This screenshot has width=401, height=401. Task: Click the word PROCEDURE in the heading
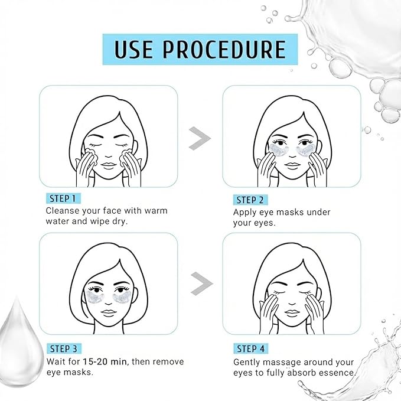pyautogui.click(x=224, y=49)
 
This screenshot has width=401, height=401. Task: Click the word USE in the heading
pyautogui.click(x=133, y=49)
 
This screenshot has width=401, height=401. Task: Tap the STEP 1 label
pyautogui.click(x=63, y=198)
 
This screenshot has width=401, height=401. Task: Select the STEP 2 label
pyautogui.click(x=250, y=200)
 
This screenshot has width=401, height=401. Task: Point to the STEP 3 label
pyautogui.click(x=64, y=348)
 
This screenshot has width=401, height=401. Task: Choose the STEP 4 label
pyautogui.click(x=251, y=348)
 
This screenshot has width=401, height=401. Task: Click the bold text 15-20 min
pyautogui.click(x=105, y=361)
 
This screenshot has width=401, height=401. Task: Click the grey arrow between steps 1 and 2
pyautogui.click(x=200, y=138)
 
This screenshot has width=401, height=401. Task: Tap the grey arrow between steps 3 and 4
pyautogui.click(x=202, y=283)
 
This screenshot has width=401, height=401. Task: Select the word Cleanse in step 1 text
pyautogui.click(x=63, y=211)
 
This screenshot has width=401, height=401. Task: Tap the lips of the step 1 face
pyautogui.click(x=109, y=165)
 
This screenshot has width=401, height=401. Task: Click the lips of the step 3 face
pyautogui.click(x=109, y=313)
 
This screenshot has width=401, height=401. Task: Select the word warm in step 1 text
pyautogui.click(x=156, y=211)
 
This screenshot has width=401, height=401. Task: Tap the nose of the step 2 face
pyautogui.click(x=292, y=155)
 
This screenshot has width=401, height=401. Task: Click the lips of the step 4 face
pyautogui.click(x=292, y=313)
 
